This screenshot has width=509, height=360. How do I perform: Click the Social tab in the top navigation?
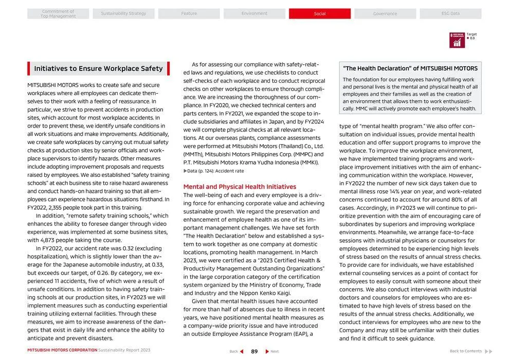tap(320, 14)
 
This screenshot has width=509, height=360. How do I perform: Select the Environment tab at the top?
tap(254, 14)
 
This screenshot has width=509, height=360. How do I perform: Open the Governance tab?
tap(385, 14)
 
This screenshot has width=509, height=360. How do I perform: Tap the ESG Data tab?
tap(450, 14)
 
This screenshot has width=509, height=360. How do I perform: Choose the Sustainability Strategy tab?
tap(123, 14)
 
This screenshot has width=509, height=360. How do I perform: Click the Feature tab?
tap(189, 14)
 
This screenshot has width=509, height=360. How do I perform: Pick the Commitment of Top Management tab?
tap(58, 14)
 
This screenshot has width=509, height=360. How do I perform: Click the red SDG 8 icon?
tap(457, 40)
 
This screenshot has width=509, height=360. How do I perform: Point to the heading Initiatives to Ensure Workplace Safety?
tap(98, 68)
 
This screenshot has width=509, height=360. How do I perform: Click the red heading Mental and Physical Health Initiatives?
tap(240, 187)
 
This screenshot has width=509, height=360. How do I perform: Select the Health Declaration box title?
tap(410, 68)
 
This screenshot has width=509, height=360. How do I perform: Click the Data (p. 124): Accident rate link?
tap(214, 171)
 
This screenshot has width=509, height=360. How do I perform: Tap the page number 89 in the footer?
tap(254, 351)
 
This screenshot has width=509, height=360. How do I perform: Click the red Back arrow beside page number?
tap(242, 351)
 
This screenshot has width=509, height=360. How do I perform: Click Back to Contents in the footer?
tap(465, 351)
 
